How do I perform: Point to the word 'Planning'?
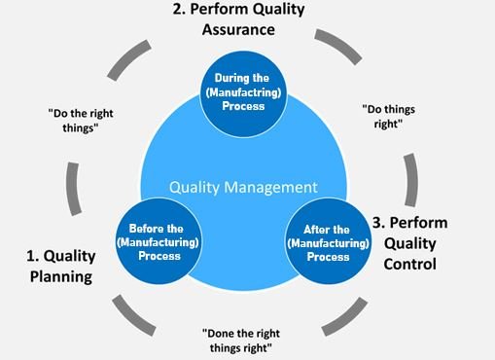(58, 276)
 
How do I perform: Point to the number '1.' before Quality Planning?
(30, 257)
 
